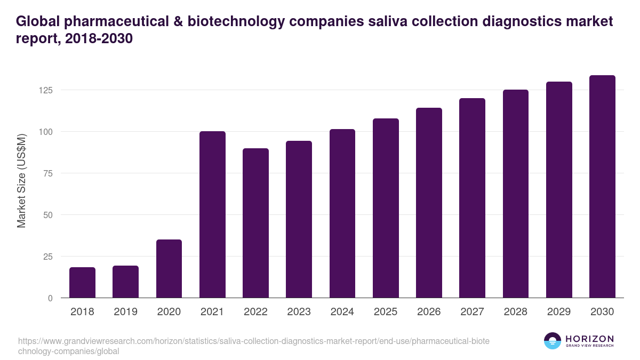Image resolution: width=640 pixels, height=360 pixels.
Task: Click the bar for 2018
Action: (82, 283)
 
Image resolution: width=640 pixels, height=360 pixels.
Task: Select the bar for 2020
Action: (169, 269)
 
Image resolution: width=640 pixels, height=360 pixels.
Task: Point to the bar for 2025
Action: (386, 208)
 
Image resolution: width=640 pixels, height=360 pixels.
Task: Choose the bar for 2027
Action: (472, 198)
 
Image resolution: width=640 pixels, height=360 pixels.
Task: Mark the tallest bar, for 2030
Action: (602, 187)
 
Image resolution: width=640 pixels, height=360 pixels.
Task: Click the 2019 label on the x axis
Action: (126, 312)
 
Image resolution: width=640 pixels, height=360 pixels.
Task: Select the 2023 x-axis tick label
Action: (299, 312)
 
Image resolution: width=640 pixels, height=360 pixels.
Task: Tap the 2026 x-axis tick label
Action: (429, 312)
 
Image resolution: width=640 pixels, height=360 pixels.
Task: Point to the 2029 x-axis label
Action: (559, 312)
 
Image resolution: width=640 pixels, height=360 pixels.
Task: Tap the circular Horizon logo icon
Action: (553, 341)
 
